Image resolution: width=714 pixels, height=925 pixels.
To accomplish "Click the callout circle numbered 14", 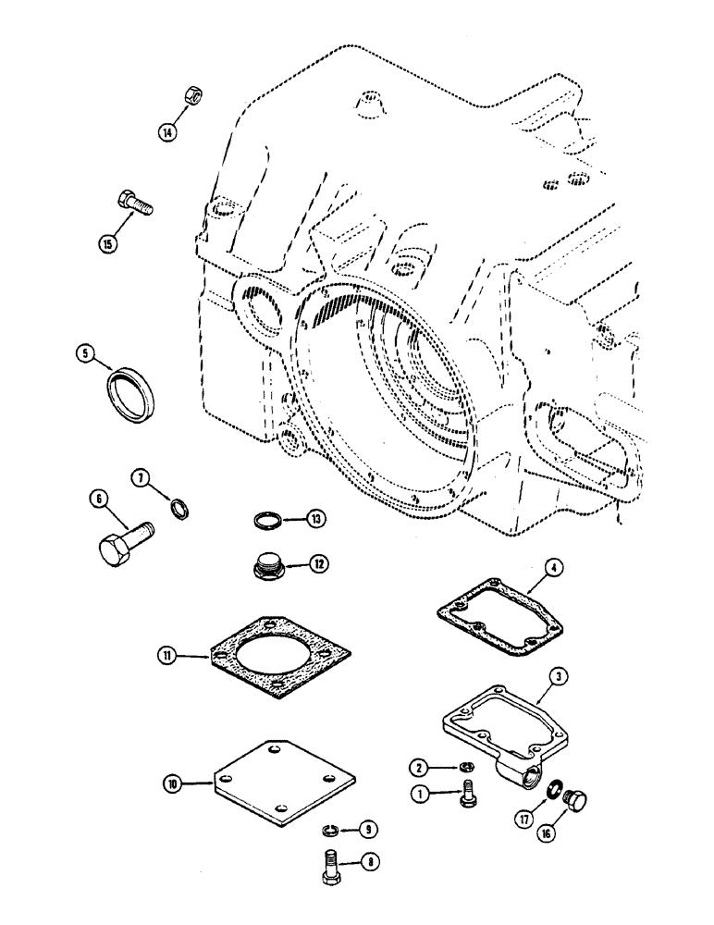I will [166, 132].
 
